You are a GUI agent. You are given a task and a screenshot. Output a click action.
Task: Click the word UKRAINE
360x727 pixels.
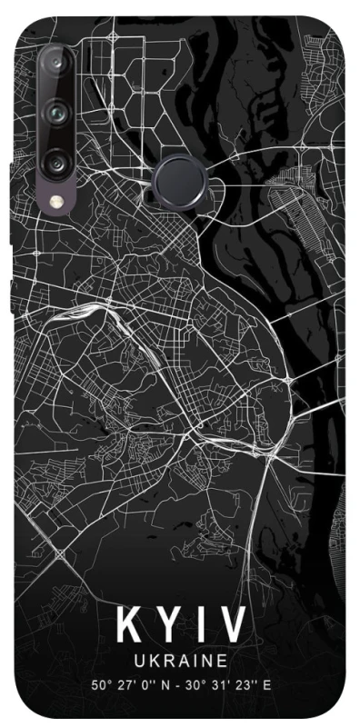click(179, 656)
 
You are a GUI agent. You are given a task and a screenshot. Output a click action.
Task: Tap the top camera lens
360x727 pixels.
click(58, 65)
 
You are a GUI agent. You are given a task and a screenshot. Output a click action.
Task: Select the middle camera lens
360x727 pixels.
click(58, 115)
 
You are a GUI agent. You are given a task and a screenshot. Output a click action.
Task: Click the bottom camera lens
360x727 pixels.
click(58, 164)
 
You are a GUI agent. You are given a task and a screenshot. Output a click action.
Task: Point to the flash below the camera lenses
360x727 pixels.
click(58, 206)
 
